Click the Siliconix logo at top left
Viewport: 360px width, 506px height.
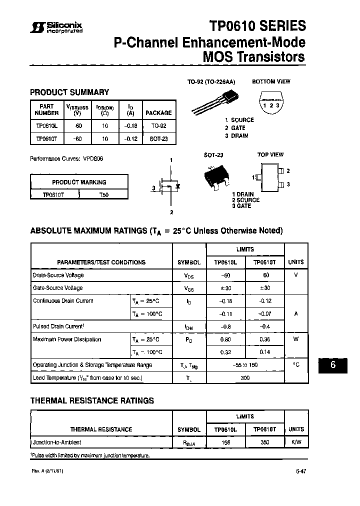point(56,27)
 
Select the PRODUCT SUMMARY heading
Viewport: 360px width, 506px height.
point(69,92)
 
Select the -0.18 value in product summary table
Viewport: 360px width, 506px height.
point(130,126)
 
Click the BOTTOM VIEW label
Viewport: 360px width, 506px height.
point(271,81)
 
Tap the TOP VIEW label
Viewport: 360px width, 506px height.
point(270,155)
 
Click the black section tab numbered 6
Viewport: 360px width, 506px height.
point(332,365)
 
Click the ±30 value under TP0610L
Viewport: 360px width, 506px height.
point(225,288)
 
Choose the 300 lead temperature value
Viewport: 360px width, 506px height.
point(245,378)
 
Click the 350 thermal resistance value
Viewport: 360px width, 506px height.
point(264,442)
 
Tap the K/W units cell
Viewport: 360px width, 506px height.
point(296,442)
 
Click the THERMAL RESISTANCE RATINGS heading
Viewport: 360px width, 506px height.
point(92,400)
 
